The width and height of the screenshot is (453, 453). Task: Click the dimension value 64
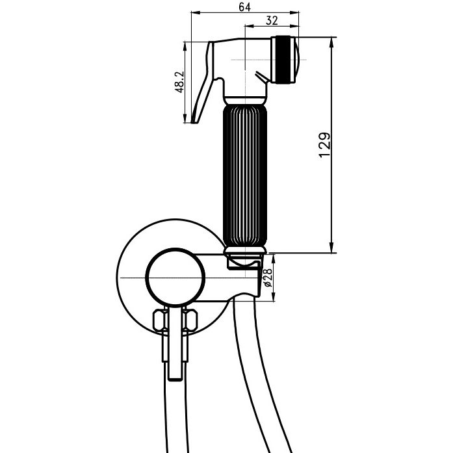tap(244, 7)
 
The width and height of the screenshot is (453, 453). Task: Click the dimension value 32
tap(272, 21)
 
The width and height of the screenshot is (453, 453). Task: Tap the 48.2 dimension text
tap(179, 82)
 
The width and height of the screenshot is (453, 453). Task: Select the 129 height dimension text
tap(324, 145)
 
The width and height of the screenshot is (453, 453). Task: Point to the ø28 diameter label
tap(268, 278)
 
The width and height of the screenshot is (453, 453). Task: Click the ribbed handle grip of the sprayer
tap(245, 175)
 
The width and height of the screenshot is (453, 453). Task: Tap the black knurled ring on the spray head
tap(283, 60)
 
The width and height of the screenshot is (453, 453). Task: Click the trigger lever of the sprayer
tap(202, 84)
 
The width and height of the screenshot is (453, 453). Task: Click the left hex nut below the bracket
tap(161, 320)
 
